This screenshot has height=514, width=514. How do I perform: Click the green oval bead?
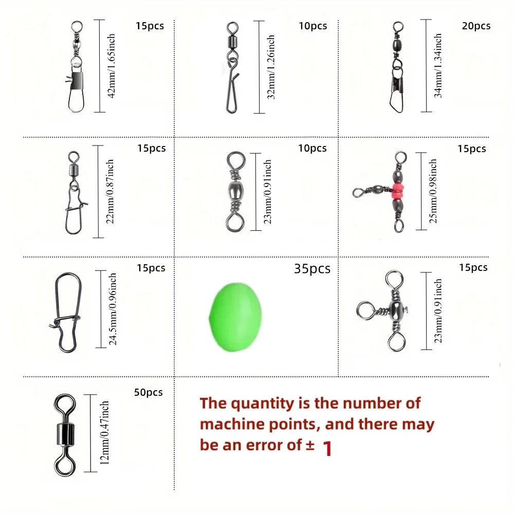click(235, 317)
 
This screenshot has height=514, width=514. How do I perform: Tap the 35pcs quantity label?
click(312, 269)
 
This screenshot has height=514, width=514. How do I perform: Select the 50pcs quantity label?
click(148, 392)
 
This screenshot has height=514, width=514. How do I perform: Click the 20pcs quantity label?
click(476, 26)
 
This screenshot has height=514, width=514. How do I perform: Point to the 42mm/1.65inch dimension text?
click(112, 66)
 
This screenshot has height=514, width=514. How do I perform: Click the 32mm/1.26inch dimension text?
click(271, 67)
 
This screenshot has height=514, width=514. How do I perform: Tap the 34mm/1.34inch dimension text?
click(438, 66)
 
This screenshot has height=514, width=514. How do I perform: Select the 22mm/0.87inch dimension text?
click(110, 191)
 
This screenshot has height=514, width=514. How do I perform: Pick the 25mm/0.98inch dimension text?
click(433, 191)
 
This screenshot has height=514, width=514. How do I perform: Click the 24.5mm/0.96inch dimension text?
click(113, 309)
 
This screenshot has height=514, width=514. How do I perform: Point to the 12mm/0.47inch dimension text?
click(104, 433)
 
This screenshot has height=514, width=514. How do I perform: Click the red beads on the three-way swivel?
click(398, 191)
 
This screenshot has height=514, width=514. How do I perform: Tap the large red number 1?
click(327, 449)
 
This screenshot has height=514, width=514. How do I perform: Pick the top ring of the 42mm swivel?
click(77, 27)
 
